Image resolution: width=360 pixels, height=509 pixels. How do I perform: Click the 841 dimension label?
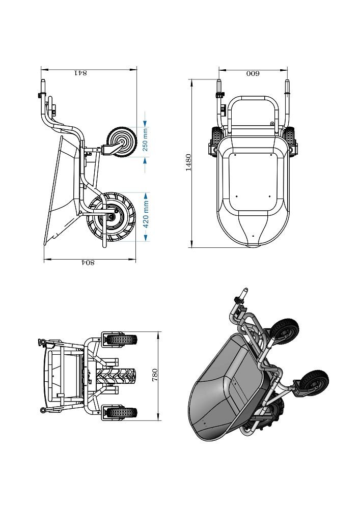tap(81, 73)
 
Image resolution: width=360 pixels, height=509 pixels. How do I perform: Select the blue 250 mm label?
tap(146, 140)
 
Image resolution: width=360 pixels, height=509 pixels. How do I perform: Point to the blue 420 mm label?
tap(146, 214)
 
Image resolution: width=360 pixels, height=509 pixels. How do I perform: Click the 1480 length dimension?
tap(188, 162)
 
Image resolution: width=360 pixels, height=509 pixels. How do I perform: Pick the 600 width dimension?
tap(253, 73)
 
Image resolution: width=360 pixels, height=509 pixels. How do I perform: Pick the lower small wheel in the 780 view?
tap(122, 413)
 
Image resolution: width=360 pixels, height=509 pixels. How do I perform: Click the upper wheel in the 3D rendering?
tap(285, 332)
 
